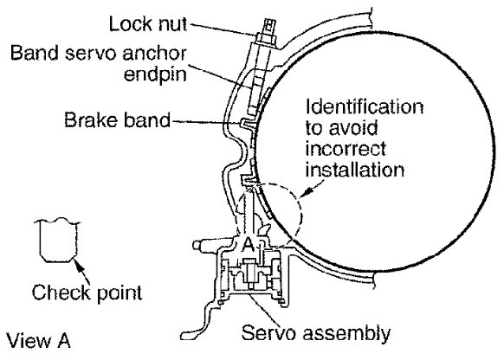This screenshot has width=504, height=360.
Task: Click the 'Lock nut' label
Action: click(148, 23)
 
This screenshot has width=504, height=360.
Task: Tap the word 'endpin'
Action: click(155, 75)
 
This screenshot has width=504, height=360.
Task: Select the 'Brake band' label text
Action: click(117, 119)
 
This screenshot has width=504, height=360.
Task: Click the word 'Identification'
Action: click(365, 107)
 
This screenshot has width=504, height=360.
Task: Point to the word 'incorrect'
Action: click(346, 149)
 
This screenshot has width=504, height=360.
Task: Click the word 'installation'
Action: click(354, 170)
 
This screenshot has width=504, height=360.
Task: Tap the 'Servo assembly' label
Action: click(315, 333)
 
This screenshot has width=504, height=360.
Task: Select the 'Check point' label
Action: click(87, 292)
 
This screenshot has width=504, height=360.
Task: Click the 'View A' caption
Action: click(38, 340)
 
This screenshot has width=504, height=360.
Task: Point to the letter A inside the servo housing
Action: click(248, 245)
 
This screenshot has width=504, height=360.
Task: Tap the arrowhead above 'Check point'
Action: click(78, 265)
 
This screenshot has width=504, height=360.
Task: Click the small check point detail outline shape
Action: click(58, 241)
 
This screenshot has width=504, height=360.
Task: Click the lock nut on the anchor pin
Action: click(267, 39)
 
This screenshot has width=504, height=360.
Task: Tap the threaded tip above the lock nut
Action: click(269, 27)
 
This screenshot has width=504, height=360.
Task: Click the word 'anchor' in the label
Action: click(155, 53)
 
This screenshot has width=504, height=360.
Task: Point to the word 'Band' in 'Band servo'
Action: click(35, 53)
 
